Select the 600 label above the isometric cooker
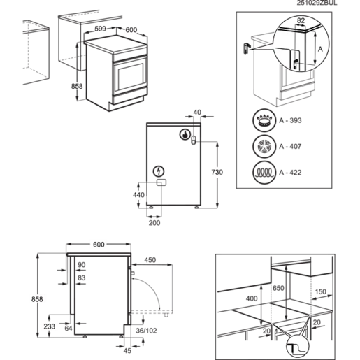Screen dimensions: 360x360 click(131, 30)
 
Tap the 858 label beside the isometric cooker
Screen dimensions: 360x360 click(78, 86)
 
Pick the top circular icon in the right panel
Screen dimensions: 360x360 click(264, 121)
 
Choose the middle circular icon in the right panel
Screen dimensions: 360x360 click(264, 147)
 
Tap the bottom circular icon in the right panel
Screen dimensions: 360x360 click(264, 171)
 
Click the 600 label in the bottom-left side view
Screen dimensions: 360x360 click(98, 244)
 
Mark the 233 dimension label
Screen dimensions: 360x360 click(49, 325)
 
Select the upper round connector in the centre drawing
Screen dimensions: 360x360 click(185, 134)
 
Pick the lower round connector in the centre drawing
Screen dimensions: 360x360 click(158, 171)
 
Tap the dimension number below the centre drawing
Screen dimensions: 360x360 click(154, 222)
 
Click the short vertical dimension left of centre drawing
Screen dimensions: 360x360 click(138, 194)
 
